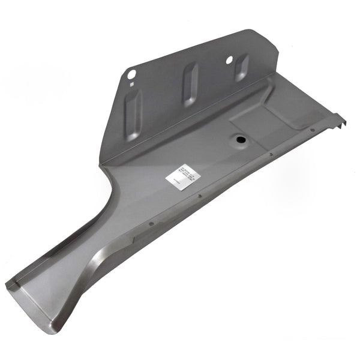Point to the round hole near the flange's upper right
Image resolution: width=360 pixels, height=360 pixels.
click(x=229, y=59)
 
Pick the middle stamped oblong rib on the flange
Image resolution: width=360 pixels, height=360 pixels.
click(x=189, y=84)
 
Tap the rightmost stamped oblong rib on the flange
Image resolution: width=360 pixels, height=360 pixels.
click(x=241, y=67)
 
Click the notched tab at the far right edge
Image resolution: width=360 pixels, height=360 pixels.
click(x=341, y=121)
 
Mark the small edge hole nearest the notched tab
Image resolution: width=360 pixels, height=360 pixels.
click(x=312, y=130)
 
